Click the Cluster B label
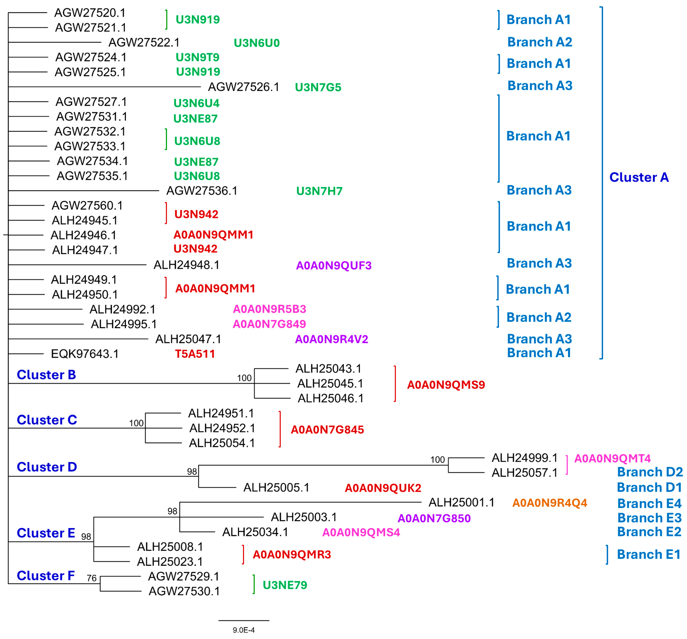(x=46, y=375)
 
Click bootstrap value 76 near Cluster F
(x=92, y=578)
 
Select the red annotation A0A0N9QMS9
(x=446, y=385)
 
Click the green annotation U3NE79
(x=285, y=585)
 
